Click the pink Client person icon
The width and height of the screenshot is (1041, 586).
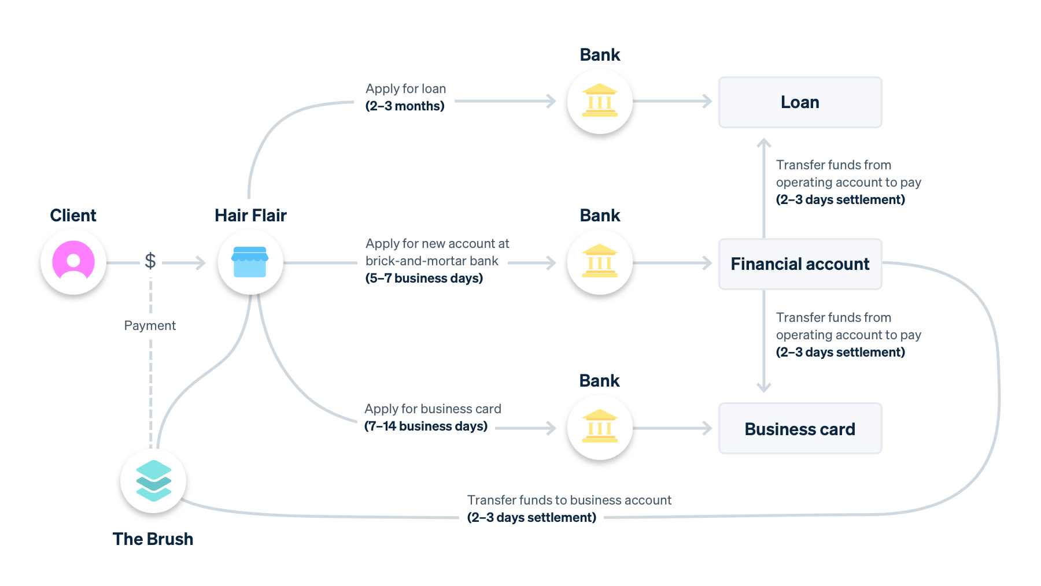(x=73, y=262)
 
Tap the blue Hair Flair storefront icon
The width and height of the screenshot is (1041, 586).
(x=250, y=262)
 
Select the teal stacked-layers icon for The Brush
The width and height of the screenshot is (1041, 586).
(x=153, y=480)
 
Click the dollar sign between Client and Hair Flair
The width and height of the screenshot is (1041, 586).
(x=150, y=261)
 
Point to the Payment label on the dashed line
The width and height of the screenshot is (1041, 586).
(x=150, y=325)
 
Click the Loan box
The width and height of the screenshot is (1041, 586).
(x=800, y=102)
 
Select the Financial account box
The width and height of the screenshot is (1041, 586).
(x=800, y=264)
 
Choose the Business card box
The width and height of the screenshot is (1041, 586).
(x=800, y=429)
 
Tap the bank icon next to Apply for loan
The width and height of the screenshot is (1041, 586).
(x=600, y=101)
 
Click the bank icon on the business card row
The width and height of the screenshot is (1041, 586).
(x=600, y=428)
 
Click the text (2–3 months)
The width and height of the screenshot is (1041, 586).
(x=405, y=106)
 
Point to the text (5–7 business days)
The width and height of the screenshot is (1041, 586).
(x=424, y=279)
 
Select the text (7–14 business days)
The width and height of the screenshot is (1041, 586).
(x=426, y=426)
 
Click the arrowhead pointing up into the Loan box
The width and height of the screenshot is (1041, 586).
(x=764, y=142)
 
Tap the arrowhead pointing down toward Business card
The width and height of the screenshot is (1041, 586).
(x=764, y=388)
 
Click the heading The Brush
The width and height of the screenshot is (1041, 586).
(x=153, y=539)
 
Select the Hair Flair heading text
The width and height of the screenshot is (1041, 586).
(x=250, y=216)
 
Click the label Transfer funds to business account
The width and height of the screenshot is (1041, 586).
(x=569, y=500)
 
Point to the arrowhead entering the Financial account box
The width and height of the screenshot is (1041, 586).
(x=707, y=263)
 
